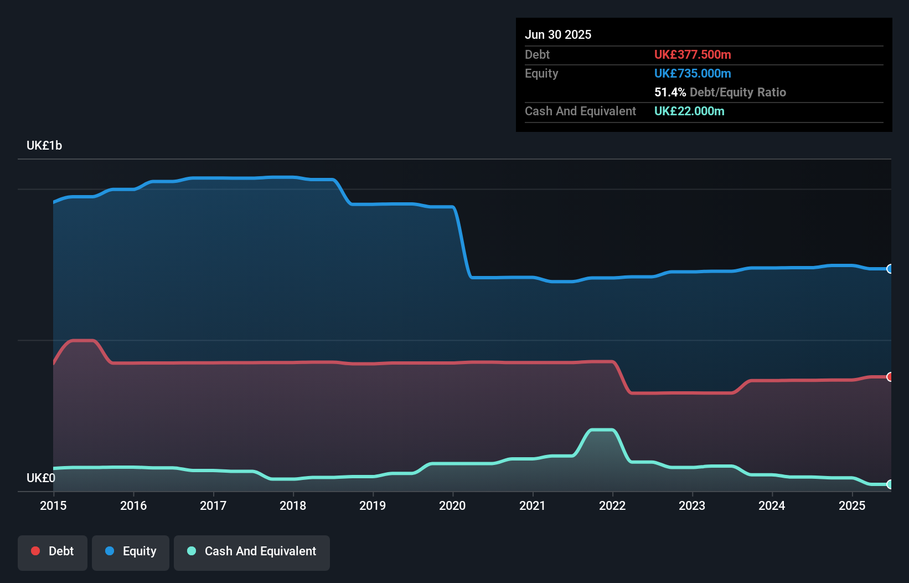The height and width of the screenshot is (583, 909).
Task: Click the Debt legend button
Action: (x=53, y=551)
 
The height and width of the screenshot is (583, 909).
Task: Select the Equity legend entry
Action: (x=131, y=551)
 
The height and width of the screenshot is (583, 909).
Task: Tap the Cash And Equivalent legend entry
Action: (x=252, y=551)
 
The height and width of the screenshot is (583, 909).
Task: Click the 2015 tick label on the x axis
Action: (x=53, y=505)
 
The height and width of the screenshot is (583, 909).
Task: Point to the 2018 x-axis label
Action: (x=293, y=505)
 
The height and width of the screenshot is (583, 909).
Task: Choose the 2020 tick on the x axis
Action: (x=452, y=505)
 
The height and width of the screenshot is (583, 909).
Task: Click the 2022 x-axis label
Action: (x=612, y=505)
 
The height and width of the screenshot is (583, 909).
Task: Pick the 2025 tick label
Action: (x=852, y=505)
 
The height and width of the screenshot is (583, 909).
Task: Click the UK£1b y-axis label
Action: (x=44, y=146)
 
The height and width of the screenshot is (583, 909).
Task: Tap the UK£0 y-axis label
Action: (x=41, y=478)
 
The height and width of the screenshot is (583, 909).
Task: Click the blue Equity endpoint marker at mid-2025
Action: (x=890, y=269)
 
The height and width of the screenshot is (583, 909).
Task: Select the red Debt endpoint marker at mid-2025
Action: (x=890, y=377)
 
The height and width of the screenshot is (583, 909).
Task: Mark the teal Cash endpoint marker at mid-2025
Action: (x=890, y=484)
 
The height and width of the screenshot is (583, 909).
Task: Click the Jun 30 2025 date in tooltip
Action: (x=558, y=34)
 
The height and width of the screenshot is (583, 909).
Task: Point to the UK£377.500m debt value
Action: (x=693, y=54)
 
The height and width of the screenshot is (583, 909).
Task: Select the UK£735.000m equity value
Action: (x=693, y=73)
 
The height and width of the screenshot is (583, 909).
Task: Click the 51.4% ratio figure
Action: (x=670, y=92)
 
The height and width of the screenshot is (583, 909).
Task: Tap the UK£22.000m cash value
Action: (x=689, y=111)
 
